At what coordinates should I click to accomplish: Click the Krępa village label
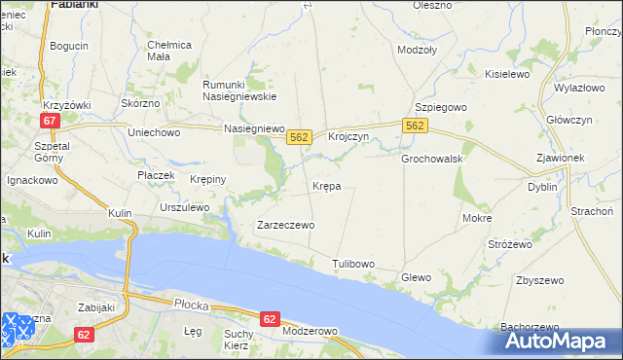click(x=326, y=185)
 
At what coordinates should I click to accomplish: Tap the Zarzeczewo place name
click(x=284, y=225)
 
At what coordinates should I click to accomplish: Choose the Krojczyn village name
click(x=348, y=137)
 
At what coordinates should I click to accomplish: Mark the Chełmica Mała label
click(x=169, y=51)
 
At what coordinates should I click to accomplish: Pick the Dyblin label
click(x=542, y=187)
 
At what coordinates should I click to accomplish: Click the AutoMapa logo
click(x=560, y=341)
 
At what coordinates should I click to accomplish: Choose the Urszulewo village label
click(x=185, y=207)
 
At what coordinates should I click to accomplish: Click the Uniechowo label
click(x=155, y=132)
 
